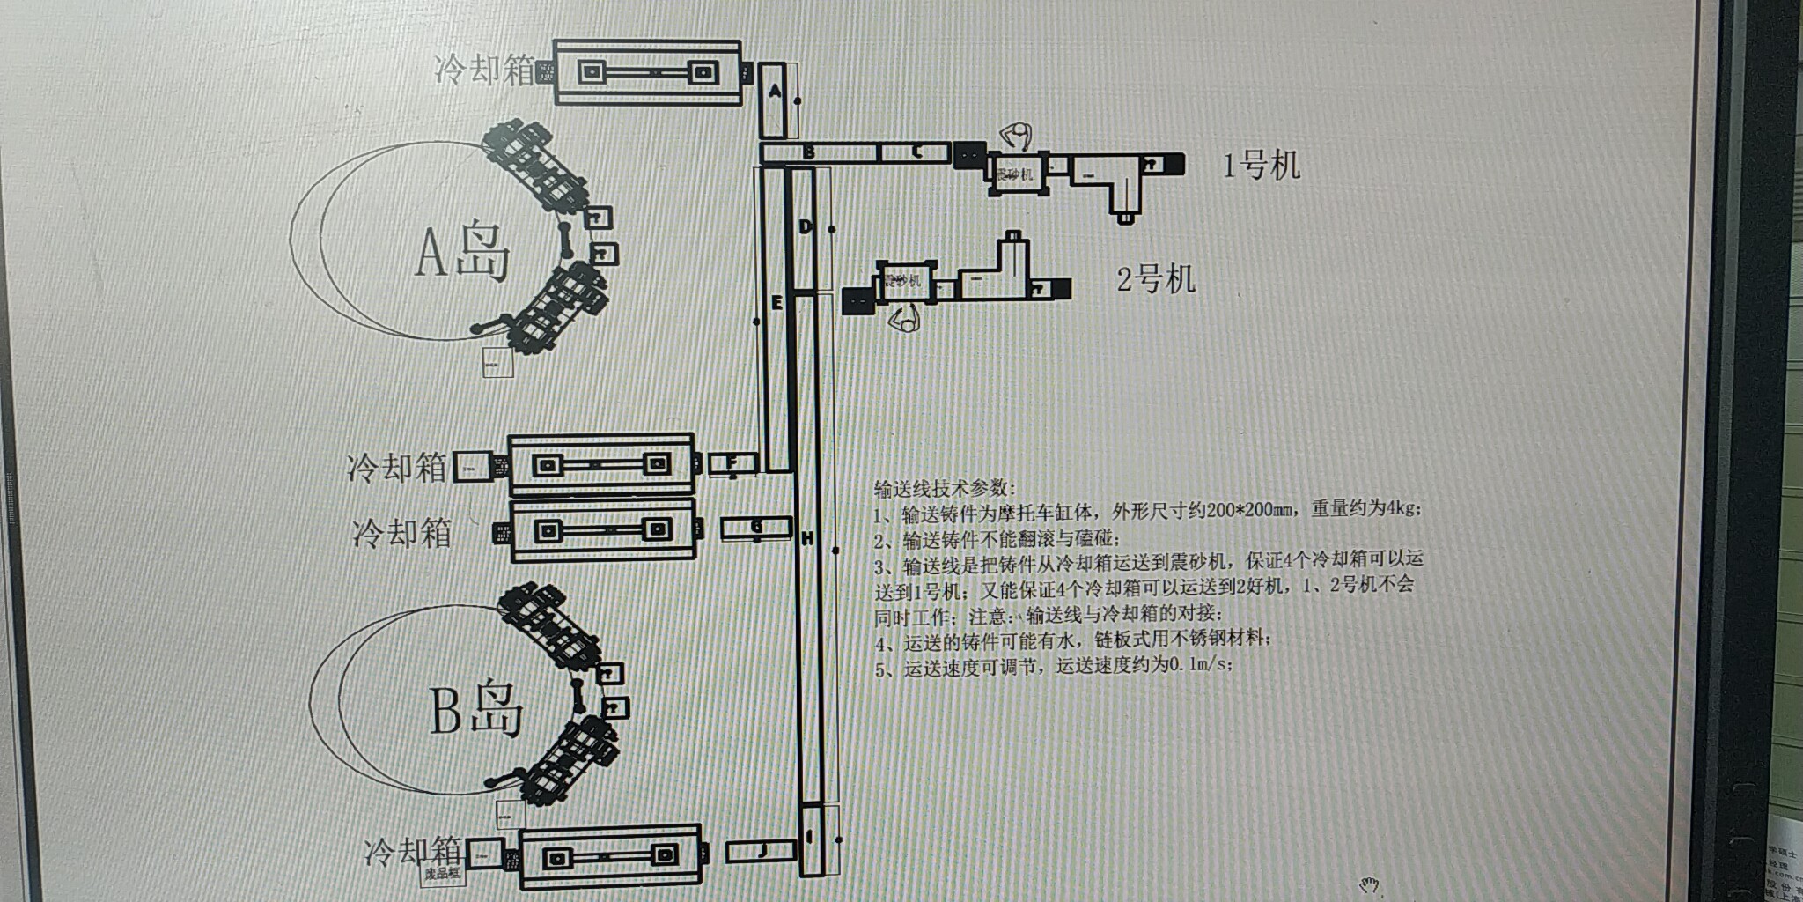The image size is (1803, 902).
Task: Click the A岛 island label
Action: pos(462,253)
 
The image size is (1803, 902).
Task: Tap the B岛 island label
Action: pos(476,709)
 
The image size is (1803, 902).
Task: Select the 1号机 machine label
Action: pos(1261,165)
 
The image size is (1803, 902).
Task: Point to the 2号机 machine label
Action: pos(1156,280)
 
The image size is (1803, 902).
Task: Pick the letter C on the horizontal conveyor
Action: pos(916,152)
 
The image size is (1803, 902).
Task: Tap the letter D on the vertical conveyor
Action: pos(805,227)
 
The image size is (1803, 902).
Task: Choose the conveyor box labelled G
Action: pos(756,527)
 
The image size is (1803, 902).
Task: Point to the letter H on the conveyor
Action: pos(807,538)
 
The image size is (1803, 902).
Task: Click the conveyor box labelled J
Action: pos(762,851)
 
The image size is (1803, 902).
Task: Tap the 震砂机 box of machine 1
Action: pos(1014,173)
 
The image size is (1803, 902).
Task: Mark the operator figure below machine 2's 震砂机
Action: pos(905,319)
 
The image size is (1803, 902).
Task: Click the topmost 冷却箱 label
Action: pos(484,70)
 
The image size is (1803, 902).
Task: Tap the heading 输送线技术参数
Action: pos(944,488)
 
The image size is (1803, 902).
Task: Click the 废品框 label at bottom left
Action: pos(443,874)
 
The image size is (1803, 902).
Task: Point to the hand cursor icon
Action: pos(1368,884)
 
